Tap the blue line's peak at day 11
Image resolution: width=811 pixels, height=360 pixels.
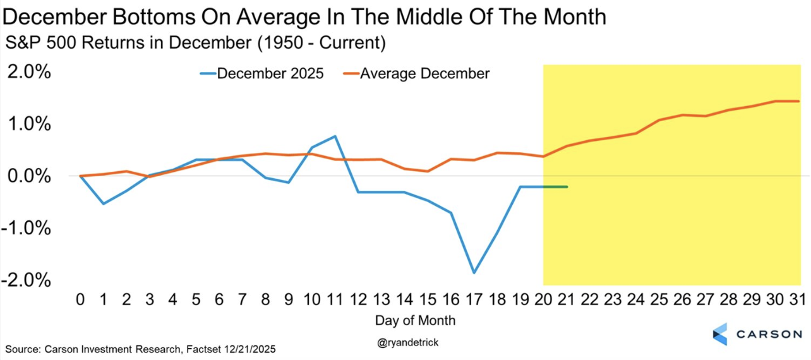(x=335, y=136)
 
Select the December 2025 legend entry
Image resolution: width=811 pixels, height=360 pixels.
(x=261, y=73)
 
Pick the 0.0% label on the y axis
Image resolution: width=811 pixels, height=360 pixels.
(x=29, y=176)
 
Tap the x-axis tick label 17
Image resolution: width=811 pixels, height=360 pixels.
(x=472, y=299)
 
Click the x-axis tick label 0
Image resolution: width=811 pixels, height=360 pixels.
(x=80, y=299)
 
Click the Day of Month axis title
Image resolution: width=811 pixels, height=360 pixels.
(x=415, y=320)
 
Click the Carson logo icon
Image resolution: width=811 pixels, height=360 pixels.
(x=720, y=334)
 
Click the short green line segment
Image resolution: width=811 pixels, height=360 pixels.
(x=555, y=187)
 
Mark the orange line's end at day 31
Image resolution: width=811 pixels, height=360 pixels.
(x=799, y=101)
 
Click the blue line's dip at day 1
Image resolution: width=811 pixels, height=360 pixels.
(x=103, y=203)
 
